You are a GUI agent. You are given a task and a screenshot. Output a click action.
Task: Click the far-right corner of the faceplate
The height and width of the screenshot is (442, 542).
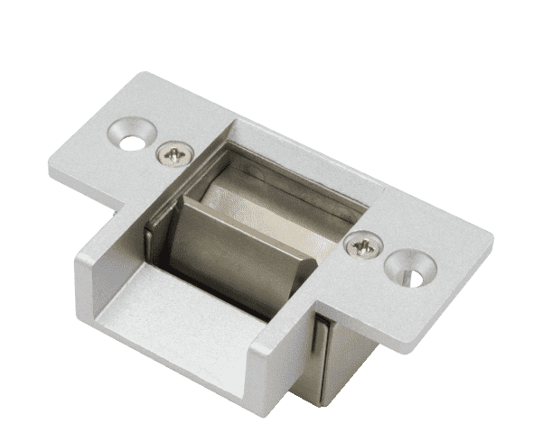click(493, 236)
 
